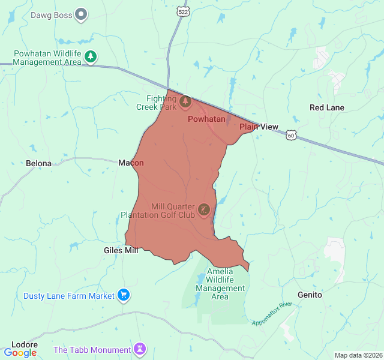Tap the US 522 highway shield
(x=183, y=11)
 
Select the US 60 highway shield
(x=291, y=136)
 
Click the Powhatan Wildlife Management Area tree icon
(x=90, y=57)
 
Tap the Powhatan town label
(x=206, y=119)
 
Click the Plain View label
(x=259, y=127)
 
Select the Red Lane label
(x=327, y=107)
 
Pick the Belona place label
(x=39, y=163)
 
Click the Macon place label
(x=131, y=163)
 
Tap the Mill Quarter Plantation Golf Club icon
(x=204, y=210)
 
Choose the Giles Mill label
(x=121, y=250)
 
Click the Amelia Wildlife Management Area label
(x=220, y=284)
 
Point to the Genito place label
(x=310, y=295)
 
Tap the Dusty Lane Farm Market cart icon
(x=124, y=295)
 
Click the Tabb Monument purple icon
(x=140, y=349)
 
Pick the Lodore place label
(x=25, y=344)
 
